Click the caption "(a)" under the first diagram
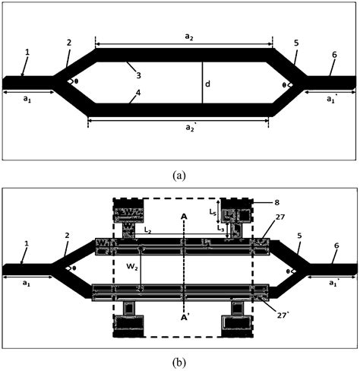179,175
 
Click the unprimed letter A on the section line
185,216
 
